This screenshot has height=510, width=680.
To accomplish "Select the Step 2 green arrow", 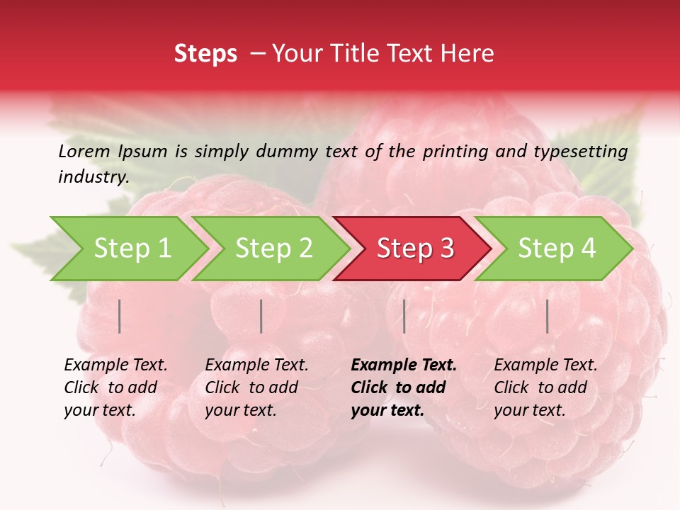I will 273,249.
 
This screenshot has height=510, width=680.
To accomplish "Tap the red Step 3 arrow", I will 415,249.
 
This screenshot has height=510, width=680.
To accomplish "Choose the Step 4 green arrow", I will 556,249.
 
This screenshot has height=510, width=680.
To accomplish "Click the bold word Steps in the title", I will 205,54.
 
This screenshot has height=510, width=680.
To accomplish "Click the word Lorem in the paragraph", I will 84,151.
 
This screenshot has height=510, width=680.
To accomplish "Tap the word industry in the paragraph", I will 93,176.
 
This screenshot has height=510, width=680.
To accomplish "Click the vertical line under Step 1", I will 120,316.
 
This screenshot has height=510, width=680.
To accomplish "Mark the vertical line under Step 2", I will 261,316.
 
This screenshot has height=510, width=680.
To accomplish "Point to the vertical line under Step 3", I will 404,316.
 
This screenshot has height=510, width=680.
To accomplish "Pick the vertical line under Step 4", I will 548,316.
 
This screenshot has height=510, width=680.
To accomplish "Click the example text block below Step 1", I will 115,387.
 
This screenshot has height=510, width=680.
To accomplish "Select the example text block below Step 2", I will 256,387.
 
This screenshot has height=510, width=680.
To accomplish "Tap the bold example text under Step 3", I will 404,387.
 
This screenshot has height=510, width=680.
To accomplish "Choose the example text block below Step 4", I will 545,387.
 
